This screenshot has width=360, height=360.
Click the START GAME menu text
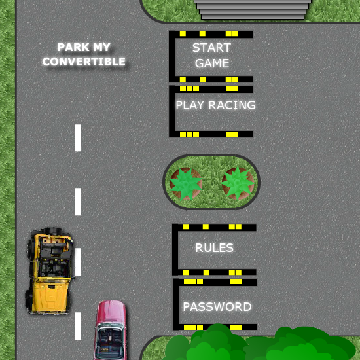[x=211, y=56]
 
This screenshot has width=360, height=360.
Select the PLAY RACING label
[x=215, y=105]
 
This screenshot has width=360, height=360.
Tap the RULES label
[x=214, y=247]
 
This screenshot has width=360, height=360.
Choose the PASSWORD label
[x=217, y=307]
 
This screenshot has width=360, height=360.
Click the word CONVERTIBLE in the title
[x=84, y=62]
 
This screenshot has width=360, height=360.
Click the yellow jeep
[x=50, y=271]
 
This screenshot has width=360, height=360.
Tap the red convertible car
[x=111, y=330]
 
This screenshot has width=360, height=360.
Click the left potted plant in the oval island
[x=186, y=184]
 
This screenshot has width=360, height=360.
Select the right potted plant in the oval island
[x=238, y=183]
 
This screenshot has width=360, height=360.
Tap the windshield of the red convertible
[x=110, y=327]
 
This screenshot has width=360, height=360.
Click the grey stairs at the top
[x=253, y=9]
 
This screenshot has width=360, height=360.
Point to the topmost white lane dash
[x=78, y=137]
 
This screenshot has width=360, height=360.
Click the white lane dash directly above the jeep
[x=78, y=202]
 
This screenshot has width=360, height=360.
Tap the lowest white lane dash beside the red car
[x=78, y=326]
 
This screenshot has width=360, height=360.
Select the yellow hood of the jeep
[x=50, y=295]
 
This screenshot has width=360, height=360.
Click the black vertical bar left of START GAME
[x=172, y=56]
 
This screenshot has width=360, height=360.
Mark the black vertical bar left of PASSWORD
[x=176, y=304]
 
